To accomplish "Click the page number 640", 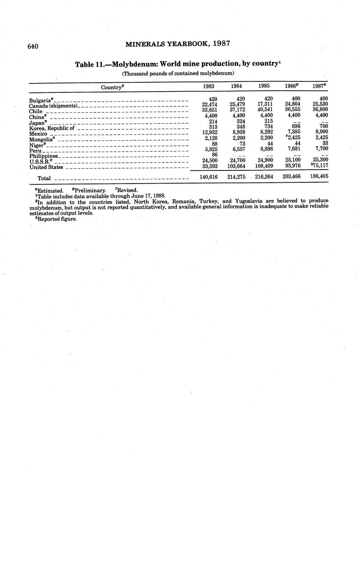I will (33, 46).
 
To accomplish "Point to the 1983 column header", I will (209, 86).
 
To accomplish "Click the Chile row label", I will (36, 111).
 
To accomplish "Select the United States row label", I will (46, 167).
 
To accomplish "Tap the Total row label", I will (44, 178).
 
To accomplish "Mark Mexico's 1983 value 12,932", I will (209, 132).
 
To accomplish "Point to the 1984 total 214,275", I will (237, 177).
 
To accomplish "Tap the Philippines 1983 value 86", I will (214, 154).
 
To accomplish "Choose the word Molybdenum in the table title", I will (134, 64).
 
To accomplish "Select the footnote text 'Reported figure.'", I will (57, 219).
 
